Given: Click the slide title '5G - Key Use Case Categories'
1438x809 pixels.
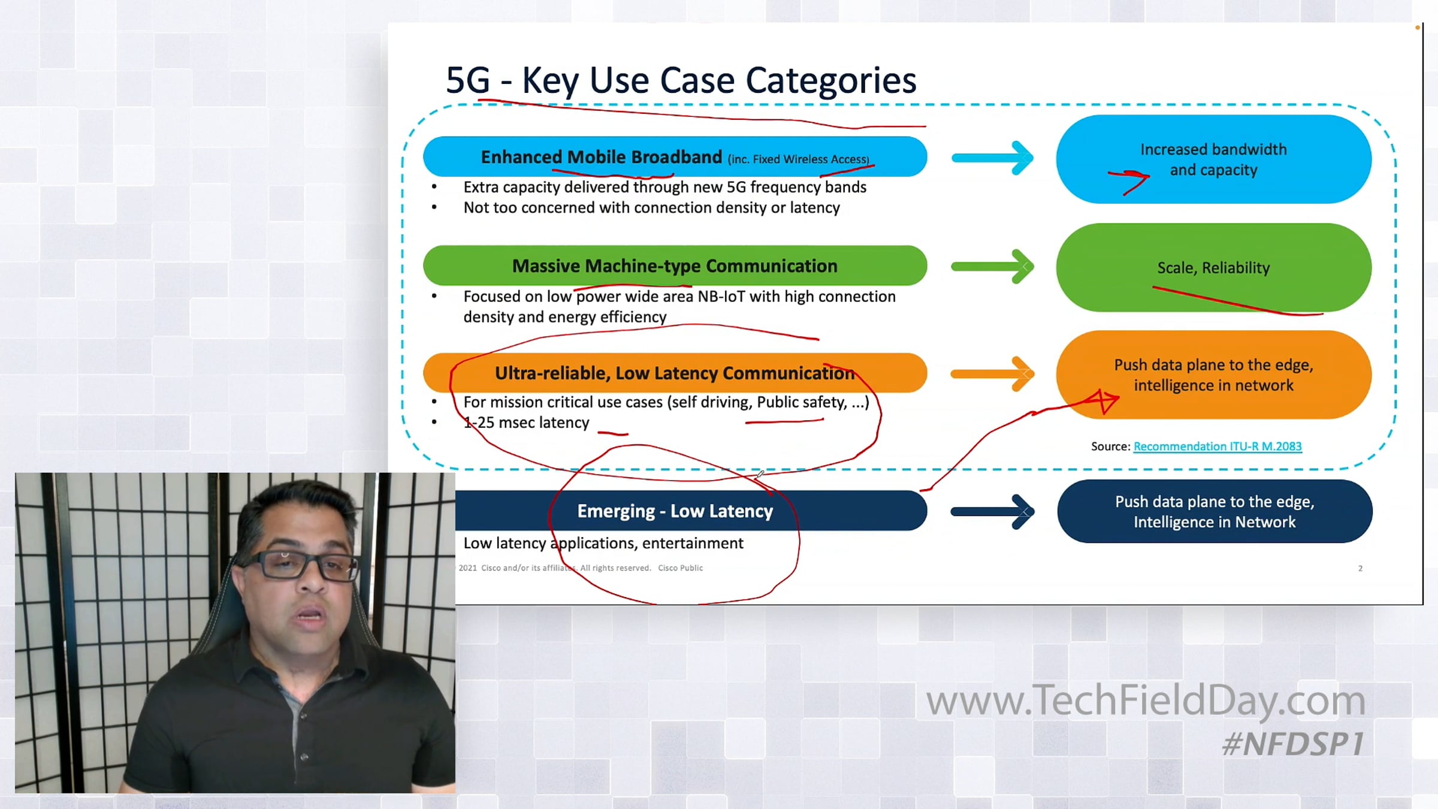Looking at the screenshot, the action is (x=681, y=80).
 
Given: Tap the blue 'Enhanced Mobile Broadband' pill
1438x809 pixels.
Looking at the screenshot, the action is (x=675, y=156).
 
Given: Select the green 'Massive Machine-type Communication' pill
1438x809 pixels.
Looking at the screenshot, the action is (x=675, y=265).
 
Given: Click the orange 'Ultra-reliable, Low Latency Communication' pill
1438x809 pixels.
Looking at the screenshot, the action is (x=675, y=373).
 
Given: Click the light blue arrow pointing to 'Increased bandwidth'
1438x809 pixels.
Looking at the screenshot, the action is (x=992, y=158).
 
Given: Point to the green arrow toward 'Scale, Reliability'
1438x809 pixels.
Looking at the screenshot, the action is (x=992, y=267).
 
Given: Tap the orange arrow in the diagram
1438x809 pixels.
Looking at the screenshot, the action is (x=992, y=374).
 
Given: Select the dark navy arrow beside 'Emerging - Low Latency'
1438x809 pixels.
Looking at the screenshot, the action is (x=992, y=511).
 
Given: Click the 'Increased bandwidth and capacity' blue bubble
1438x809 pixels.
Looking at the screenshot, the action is (x=1214, y=159).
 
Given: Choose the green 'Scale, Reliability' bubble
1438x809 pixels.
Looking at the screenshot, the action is (x=1214, y=267).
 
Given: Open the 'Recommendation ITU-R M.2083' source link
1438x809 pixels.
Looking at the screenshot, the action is (x=1218, y=446).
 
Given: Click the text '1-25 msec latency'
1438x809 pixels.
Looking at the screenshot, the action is (x=527, y=422).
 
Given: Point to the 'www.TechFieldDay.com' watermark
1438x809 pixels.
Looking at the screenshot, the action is (x=1146, y=701).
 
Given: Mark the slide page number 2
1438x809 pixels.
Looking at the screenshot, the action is (x=1360, y=568).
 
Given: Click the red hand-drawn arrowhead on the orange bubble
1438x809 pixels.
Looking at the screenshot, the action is (x=1102, y=401).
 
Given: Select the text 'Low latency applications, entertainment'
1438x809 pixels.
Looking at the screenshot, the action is (x=603, y=544).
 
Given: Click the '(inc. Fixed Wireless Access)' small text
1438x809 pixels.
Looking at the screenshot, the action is (x=798, y=159).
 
